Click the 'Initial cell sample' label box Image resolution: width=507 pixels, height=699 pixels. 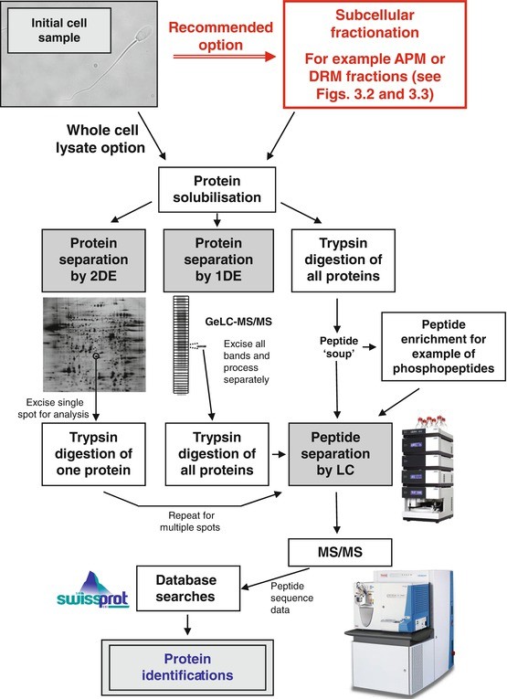tap(59, 31)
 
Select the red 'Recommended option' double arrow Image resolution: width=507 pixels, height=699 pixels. tap(224, 56)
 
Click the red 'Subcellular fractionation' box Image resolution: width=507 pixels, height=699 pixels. tap(375, 55)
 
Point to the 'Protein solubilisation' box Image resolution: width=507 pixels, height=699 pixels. tap(217, 189)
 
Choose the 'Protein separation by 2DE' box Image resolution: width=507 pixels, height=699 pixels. tap(93, 260)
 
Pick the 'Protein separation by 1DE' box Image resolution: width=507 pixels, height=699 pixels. tap(218, 260)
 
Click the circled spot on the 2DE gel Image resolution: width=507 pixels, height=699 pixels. tap(96, 355)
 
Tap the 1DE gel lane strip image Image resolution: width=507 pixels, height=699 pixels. tap(181, 345)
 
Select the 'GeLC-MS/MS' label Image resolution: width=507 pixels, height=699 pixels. tap(238, 322)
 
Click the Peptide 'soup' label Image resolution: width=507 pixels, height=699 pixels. tap(339, 347)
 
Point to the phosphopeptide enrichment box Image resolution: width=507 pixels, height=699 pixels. tap(443, 346)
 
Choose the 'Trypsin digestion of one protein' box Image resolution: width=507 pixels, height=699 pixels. tap(93, 454)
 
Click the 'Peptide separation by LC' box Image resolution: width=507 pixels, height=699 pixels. tap(341, 454)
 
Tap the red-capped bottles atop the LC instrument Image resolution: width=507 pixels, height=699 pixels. tap(428, 421)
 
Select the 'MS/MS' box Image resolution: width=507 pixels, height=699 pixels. tap(341, 552)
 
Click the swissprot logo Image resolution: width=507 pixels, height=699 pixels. tap(92, 589)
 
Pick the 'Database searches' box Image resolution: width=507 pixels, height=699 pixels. tap(188, 588)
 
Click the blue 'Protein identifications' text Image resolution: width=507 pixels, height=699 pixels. tap(187, 667)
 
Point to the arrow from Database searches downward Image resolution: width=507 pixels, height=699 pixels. tap(187, 624)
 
